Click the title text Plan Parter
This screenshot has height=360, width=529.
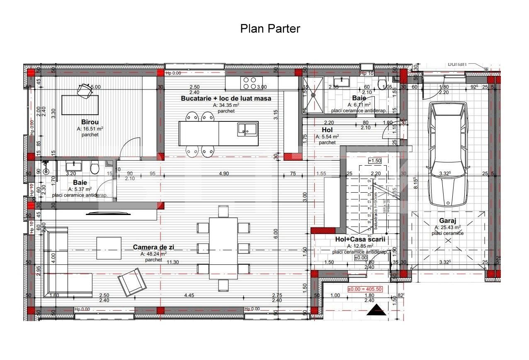pyautogui.click(x=270, y=29)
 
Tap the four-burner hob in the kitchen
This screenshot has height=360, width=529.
pyautogui.click(x=250, y=83)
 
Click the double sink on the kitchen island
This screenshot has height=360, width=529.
pyautogui.click(x=247, y=129)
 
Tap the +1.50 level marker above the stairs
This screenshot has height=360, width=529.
pyautogui.click(x=375, y=161)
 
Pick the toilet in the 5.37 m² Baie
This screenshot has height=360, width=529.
pyautogui.click(x=95, y=169)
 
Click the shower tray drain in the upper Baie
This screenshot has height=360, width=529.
pyautogui.click(x=314, y=94)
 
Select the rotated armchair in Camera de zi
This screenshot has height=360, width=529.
pyautogui.click(x=132, y=282)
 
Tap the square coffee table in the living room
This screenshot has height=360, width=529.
pyautogui.click(x=109, y=248)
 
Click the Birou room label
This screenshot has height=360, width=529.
pyautogui.click(x=90, y=122)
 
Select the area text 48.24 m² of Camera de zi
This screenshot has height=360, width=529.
pyautogui.click(x=153, y=254)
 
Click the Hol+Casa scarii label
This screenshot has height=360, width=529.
pyautogui.click(x=360, y=239)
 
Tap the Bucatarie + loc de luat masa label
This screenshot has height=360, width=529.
pyautogui.click(x=226, y=98)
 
